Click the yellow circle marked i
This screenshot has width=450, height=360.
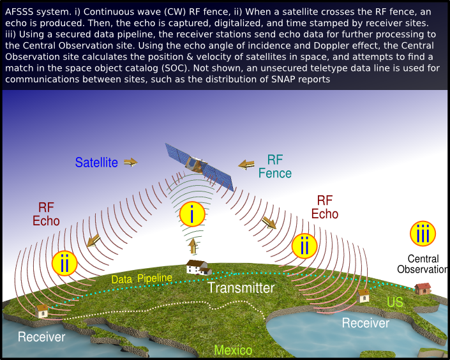click(x=192, y=214)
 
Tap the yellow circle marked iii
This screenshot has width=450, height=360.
click(x=423, y=234)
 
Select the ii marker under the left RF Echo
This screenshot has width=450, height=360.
click(x=64, y=263)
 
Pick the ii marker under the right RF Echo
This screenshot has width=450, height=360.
click(x=304, y=246)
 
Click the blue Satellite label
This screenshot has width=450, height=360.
click(x=96, y=163)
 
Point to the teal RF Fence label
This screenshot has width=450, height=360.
click(x=275, y=167)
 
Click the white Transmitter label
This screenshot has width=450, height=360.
click(x=241, y=288)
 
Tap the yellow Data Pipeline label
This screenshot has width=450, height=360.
click(x=142, y=278)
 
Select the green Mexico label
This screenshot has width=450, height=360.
click(x=233, y=350)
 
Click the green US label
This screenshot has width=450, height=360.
click(x=395, y=302)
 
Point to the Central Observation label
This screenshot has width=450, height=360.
click(x=422, y=264)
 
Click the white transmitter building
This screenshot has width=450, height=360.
click(x=199, y=267)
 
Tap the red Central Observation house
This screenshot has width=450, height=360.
click(x=423, y=289)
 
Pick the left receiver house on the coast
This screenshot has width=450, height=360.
click(x=42, y=311)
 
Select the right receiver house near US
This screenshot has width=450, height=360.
click(x=363, y=296)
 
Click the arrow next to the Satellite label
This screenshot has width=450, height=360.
click(x=131, y=162)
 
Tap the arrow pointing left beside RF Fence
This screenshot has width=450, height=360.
click(x=246, y=165)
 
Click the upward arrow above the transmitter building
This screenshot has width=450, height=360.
click(x=193, y=246)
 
